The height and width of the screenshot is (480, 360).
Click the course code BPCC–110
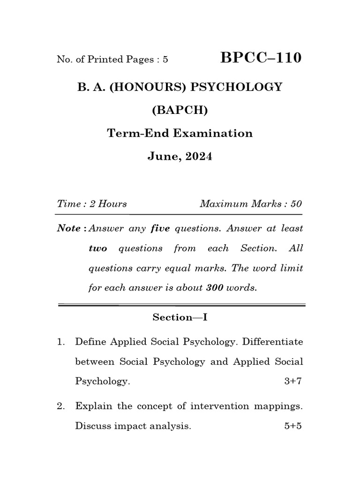coord(261,58)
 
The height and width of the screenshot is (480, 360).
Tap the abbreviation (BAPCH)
coord(180,111)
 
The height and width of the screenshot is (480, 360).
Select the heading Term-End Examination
coord(180,133)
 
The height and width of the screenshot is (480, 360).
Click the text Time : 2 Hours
coord(92,204)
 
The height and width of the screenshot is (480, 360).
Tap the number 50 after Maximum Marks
coord(296,204)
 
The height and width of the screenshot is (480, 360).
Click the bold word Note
coord(68,229)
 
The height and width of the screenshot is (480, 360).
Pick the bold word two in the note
coord(97,248)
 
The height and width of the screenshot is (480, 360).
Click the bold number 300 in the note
coord(214,288)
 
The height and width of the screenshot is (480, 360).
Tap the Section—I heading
coord(180,317)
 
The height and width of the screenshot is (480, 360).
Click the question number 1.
coord(60,342)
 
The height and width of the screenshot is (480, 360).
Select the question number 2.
coord(60,406)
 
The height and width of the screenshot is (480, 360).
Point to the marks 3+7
coord(293,381)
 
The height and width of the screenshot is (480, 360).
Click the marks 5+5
coord(293,427)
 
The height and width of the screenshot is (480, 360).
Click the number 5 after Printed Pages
coord(165,60)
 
